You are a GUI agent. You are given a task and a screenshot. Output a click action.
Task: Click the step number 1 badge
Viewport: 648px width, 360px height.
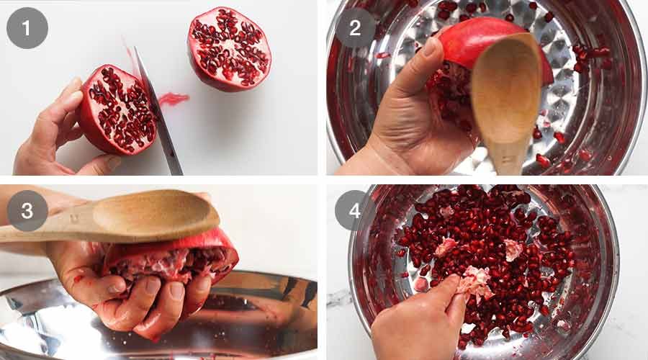[x=27, y=28]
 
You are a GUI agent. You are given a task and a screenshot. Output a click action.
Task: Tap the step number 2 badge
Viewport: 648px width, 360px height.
[x=355, y=28]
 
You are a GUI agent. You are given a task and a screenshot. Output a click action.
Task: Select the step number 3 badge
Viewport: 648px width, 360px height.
[x=27, y=211]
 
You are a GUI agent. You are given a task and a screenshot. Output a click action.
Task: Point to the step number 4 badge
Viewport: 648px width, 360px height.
[x=355, y=211]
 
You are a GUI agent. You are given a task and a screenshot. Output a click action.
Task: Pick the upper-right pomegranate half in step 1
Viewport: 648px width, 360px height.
[x=229, y=49]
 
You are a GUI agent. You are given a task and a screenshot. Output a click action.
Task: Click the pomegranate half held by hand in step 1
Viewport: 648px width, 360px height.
[x=117, y=109]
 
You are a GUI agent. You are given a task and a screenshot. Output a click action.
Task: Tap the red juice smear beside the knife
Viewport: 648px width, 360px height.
[x=173, y=98]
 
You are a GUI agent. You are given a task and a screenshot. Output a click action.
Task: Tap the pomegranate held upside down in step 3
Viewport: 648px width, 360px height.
[x=180, y=259]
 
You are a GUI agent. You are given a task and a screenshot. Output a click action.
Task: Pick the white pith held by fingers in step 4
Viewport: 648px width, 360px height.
[x=475, y=281]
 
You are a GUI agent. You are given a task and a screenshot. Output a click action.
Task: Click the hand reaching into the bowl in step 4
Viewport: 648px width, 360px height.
[x=418, y=324]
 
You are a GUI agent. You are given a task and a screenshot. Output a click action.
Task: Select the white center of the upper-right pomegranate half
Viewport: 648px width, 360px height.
[x=229, y=49]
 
